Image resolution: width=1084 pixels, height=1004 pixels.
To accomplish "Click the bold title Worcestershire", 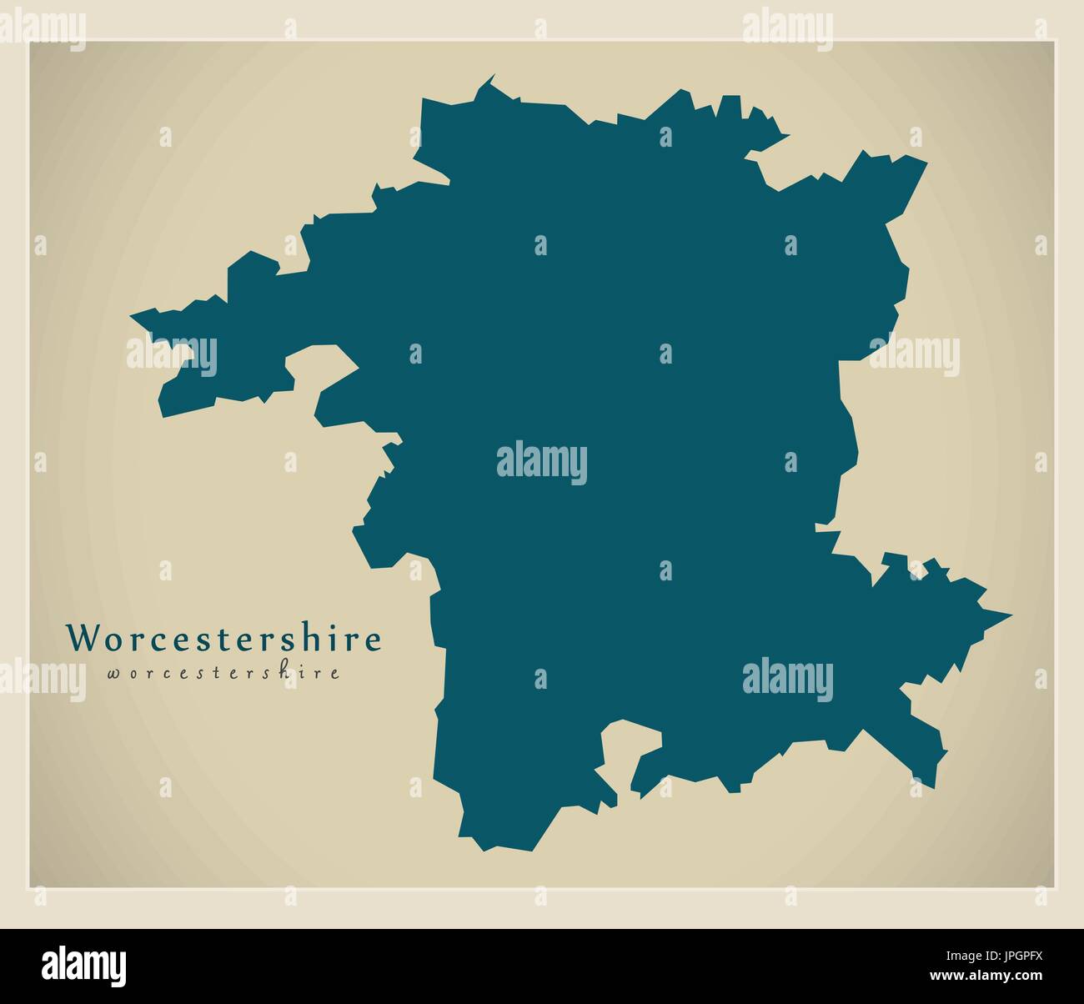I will [x=224, y=639].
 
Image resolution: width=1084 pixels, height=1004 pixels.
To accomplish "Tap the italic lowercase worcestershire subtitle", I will [x=223, y=673].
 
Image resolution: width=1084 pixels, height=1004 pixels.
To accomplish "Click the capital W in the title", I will [x=83, y=639].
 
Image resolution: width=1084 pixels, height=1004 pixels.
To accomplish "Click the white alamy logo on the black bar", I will [x=84, y=962].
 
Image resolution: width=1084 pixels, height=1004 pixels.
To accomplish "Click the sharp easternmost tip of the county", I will [x=1011, y=616].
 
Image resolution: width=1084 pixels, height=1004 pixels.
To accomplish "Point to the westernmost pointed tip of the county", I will [x=132, y=316].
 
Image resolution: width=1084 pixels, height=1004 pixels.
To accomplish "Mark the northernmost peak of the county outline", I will [x=493, y=76].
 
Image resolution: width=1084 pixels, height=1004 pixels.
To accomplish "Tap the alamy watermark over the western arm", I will [x=171, y=355].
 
